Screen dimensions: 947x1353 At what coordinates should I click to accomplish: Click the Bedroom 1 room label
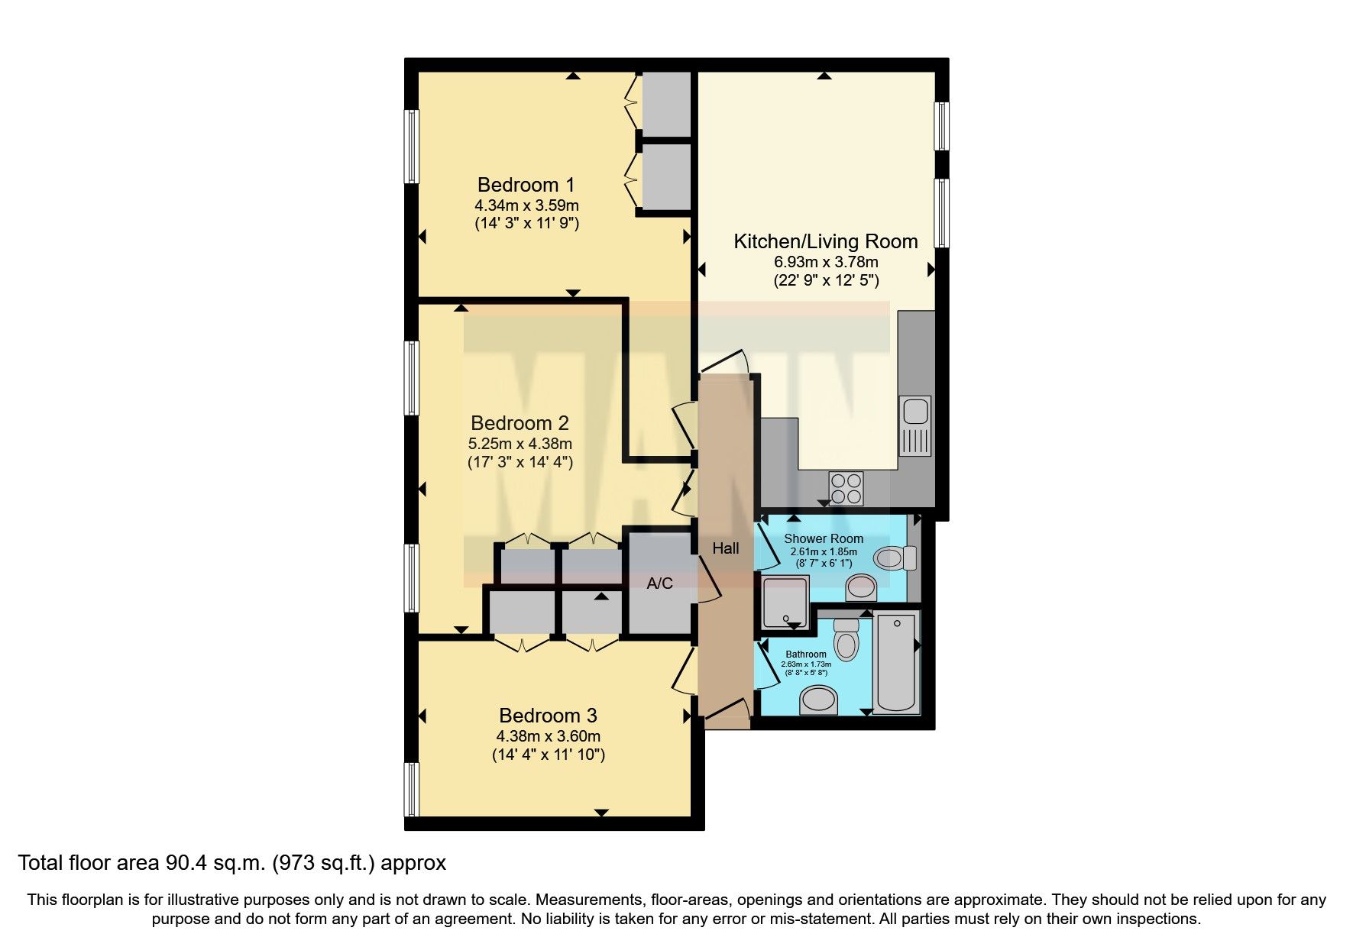(526, 185)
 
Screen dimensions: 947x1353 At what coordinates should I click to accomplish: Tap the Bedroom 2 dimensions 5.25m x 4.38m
(520, 443)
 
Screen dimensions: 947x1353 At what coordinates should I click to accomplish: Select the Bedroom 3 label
(548, 716)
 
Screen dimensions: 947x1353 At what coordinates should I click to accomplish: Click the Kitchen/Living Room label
(825, 241)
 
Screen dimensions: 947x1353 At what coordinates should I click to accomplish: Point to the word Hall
(725, 548)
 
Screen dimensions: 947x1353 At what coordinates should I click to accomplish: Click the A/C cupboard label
(659, 583)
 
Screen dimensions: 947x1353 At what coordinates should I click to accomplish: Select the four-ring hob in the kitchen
(846, 489)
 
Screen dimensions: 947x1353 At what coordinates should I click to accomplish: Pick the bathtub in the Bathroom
(897, 662)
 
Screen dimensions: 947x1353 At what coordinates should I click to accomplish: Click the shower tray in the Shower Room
(785, 602)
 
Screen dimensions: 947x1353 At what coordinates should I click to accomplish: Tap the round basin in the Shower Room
(861, 587)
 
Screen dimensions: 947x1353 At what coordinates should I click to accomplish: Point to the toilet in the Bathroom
(846, 639)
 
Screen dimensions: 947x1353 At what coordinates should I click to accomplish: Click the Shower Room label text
(824, 538)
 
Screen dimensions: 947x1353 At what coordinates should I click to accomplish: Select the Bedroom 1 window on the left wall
(412, 147)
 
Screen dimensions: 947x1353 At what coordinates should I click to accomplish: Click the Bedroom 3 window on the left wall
(412, 789)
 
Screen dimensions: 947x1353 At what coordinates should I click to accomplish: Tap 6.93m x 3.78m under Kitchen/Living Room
(826, 262)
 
